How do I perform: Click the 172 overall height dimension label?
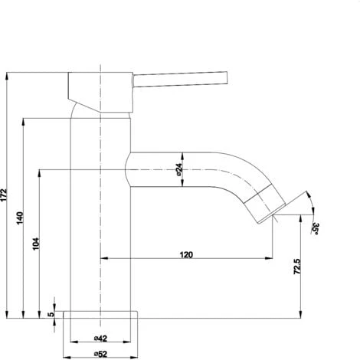tap(4, 195)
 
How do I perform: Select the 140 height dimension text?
tap(20, 218)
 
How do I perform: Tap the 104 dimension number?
tap(36, 244)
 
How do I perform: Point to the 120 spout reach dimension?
tap(186, 254)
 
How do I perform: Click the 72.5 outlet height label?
tap(297, 267)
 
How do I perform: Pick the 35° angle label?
tap(316, 228)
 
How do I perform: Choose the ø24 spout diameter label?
tap(179, 169)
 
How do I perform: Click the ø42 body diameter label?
tap(100, 339)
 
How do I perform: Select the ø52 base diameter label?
tap(100, 354)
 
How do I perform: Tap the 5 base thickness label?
tap(51, 314)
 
